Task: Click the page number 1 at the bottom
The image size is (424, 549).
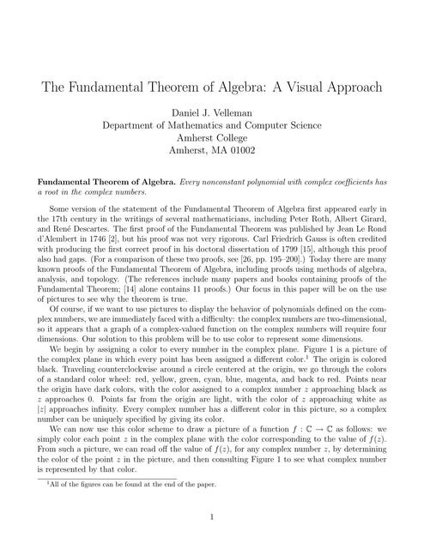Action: [x=211, y=518]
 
